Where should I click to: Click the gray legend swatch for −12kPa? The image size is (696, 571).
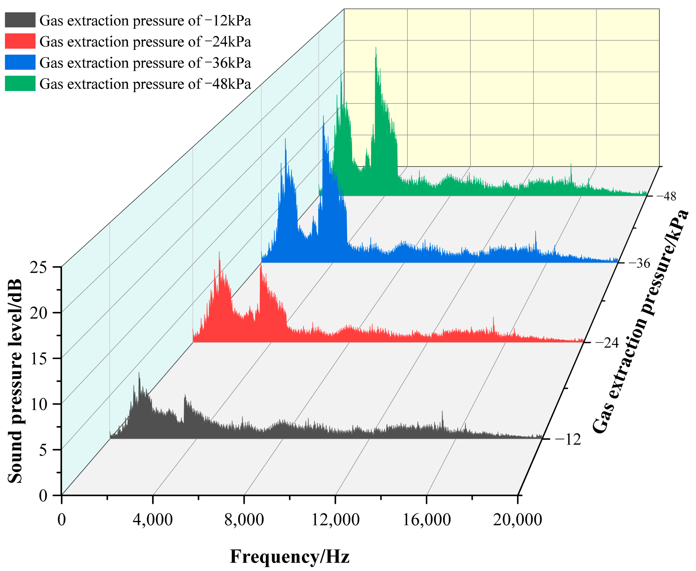coord(20,20)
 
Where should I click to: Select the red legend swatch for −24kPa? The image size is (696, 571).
coord(20,41)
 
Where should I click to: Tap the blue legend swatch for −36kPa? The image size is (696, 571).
coord(20,62)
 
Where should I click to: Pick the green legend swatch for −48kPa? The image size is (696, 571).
coord(20,83)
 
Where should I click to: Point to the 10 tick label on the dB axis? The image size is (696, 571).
coord(39,404)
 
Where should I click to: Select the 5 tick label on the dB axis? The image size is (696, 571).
coord(43,450)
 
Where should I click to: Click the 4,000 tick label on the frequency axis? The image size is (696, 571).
coord(152,520)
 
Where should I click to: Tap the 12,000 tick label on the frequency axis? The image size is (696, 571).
coord(335,520)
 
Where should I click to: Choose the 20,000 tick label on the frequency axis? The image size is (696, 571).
coord(517,520)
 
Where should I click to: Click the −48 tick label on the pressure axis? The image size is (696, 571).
coord(666,196)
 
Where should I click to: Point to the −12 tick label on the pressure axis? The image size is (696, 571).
coord(568,439)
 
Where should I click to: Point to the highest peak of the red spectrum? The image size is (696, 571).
coord(219,253)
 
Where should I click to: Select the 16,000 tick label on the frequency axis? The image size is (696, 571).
coord(427,520)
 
